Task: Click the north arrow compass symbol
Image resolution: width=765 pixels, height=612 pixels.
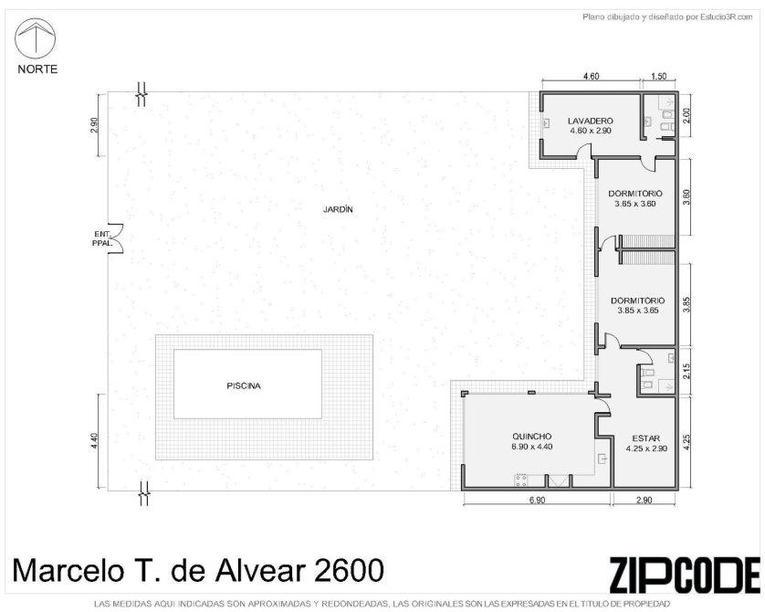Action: pyautogui.click(x=36, y=37)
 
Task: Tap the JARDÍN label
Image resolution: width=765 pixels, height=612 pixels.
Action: pyautogui.click(x=338, y=209)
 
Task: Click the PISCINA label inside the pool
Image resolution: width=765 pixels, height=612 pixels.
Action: pyautogui.click(x=244, y=385)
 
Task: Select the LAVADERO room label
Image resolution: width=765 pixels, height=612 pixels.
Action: pyautogui.click(x=591, y=121)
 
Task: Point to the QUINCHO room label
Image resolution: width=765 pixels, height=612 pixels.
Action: pyautogui.click(x=532, y=437)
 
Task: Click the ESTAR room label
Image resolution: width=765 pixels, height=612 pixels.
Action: pyautogui.click(x=646, y=438)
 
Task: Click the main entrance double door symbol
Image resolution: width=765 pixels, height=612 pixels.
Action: pyautogui.click(x=116, y=238)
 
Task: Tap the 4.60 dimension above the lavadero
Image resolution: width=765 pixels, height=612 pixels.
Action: pyautogui.click(x=592, y=76)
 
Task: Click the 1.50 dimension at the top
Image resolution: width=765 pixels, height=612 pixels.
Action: pyautogui.click(x=658, y=76)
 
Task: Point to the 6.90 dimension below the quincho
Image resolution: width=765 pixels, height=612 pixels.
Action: pyautogui.click(x=537, y=500)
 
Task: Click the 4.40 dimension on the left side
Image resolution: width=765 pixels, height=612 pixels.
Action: pyautogui.click(x=95, y=442)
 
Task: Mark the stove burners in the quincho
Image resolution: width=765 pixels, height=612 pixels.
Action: pyautogui.click(x=520, y=480)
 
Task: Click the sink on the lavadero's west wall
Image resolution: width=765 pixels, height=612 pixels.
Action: pyautogui.click(x=547, y=123)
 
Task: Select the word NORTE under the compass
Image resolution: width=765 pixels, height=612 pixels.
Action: pyautogui.click(x=37, y=69)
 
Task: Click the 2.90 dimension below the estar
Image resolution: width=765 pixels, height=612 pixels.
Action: pyautogui.click(x=644, y=500)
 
